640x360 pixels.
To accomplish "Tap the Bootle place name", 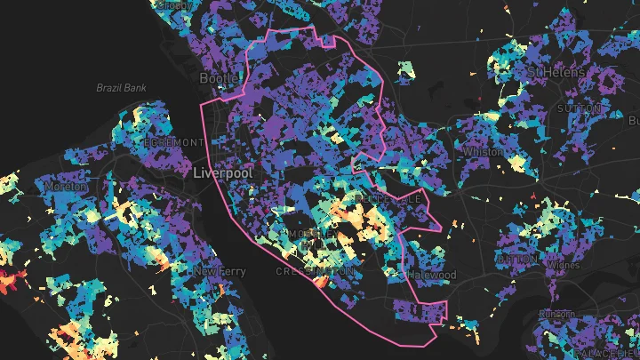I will pos(220,79).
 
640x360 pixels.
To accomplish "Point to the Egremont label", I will pos(177,142).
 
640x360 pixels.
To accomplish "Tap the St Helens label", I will pos(556,71).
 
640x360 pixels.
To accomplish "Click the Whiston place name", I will pos(483,152).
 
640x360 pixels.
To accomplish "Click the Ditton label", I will pos(516,259).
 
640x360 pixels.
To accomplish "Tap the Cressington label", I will pos(316,270).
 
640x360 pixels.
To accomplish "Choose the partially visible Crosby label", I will pos(176,4).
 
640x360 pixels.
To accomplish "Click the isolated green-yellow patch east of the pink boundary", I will pos(406,68).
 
